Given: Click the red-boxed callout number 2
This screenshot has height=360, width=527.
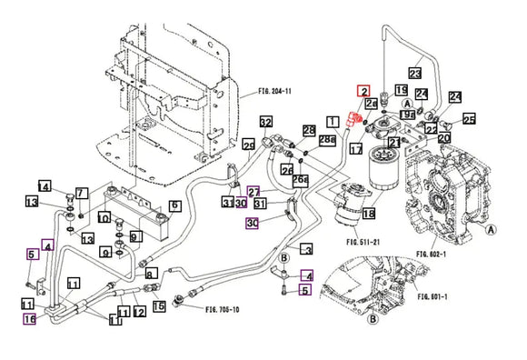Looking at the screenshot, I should click(363, 91).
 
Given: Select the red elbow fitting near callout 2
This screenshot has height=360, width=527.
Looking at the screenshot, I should click(358, 115).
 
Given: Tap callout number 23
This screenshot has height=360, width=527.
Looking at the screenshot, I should click(415, 72).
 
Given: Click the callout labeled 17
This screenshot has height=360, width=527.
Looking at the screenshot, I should click(356, 148).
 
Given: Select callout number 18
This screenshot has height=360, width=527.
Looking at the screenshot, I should click(368, 214).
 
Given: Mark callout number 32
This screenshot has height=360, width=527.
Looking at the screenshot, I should click(265, 122).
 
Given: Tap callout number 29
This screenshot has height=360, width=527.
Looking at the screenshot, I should click(248, 145).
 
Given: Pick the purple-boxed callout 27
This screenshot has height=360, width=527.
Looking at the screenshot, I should click(254, 192).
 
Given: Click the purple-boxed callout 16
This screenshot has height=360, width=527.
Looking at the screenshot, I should click(30, 319).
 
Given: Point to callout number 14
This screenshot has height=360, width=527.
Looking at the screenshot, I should click(44, 186).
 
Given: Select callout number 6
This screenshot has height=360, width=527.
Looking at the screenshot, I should click(174, 205).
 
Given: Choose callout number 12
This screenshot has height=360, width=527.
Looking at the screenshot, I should click(140, 312).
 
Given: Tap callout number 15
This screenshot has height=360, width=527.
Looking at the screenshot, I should click(159, 306).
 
